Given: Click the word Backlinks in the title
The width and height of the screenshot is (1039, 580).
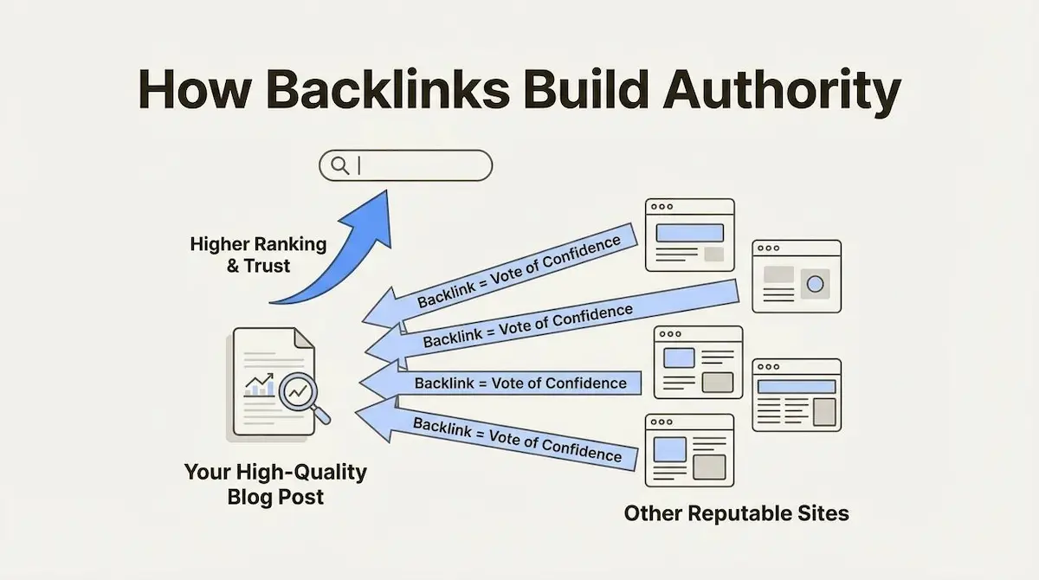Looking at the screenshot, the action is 388,89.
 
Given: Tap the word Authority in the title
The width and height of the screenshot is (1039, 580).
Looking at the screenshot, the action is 782,93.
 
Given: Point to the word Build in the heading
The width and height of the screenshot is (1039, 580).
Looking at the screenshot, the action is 586,89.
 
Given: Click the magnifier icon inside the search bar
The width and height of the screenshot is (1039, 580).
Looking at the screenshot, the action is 340,165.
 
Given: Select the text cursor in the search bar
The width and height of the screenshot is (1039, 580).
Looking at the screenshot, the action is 359,165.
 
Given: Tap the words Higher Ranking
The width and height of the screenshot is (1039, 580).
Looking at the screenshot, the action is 258,245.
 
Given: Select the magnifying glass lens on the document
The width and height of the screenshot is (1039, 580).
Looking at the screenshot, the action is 298,392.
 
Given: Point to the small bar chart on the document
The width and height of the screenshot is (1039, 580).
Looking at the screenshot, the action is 259,386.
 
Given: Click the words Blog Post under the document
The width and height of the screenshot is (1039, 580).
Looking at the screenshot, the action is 275,497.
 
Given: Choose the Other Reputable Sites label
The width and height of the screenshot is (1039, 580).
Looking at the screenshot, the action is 737,513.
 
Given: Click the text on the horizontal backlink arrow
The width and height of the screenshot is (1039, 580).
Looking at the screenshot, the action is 520,383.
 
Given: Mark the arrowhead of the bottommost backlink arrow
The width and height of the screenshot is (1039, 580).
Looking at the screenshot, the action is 377,419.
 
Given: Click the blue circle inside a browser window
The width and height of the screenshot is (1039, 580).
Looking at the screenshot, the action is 815,284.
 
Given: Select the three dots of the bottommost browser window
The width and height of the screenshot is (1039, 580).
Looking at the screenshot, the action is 661,422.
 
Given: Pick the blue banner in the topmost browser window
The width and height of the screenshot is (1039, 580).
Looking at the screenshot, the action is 690,233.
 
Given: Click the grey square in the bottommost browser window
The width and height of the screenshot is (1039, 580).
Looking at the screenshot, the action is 709,467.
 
